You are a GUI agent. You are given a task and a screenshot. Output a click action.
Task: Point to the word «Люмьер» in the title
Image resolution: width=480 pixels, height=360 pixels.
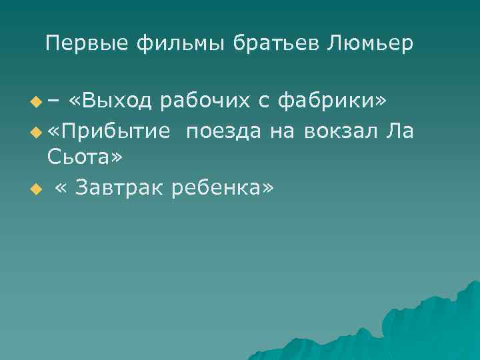(371, 45)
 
